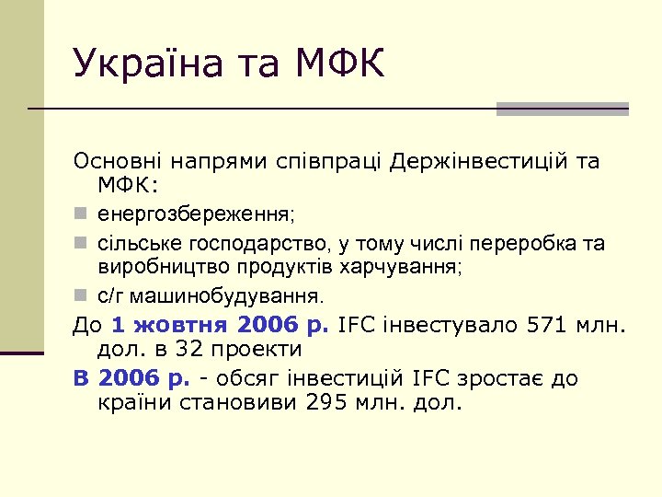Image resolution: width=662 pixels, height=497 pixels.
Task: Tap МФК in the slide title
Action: pos(338,64)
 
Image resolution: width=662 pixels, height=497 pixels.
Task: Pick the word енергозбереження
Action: pos(193,214)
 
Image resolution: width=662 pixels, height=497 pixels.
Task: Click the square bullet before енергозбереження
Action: pos(81,214)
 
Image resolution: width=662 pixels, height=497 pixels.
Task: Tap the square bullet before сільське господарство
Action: pos(81,244)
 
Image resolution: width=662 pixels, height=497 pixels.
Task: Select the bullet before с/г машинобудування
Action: pos(81,296)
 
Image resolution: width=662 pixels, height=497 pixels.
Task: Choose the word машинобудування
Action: pos(225,297)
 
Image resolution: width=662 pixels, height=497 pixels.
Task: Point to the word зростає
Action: pos(504,378)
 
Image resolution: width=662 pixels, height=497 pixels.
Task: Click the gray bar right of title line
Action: pos(562,109)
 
